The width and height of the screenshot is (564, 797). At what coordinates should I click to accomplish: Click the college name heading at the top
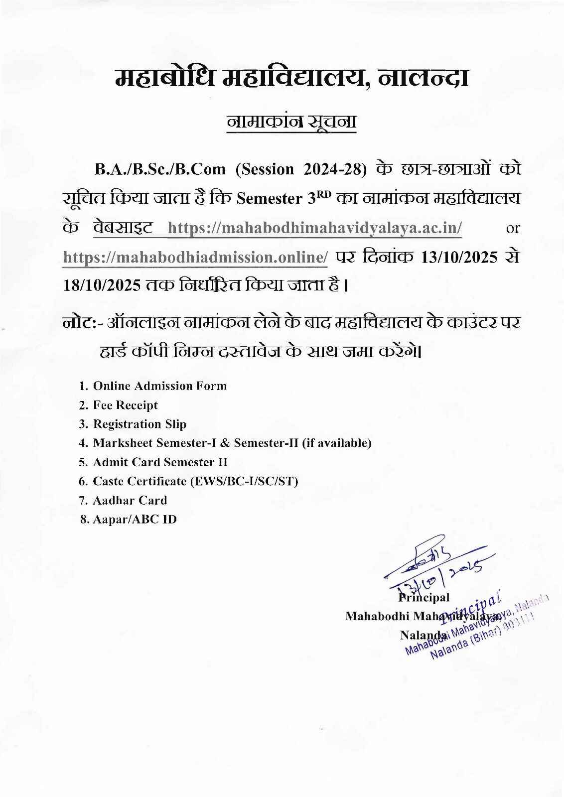click(291, 79)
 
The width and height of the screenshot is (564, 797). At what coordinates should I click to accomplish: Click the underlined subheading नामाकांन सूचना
click(291, 122)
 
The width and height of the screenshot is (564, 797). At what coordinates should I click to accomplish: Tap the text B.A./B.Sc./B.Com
click(160, 169)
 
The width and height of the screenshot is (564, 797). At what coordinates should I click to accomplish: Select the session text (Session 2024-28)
click(301, 169)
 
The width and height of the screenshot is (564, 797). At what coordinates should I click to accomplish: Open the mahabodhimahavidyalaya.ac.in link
click(315, 228)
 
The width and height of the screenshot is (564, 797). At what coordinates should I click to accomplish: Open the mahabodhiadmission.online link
click(195, 257)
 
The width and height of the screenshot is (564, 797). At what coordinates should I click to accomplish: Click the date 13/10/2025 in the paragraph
click(459, 257)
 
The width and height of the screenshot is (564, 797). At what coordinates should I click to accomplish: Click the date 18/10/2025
click(102, 285)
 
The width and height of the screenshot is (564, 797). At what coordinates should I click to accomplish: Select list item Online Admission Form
click(159, 386)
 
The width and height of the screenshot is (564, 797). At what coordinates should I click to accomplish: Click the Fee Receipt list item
click(125, 405)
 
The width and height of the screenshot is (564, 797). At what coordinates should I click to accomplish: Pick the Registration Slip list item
click(140, 424)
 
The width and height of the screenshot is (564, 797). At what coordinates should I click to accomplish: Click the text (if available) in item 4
click(337, 443)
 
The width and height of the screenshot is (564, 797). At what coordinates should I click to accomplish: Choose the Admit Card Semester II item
click(160, 462)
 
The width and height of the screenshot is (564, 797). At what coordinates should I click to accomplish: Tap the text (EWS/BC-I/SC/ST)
click(244, 481)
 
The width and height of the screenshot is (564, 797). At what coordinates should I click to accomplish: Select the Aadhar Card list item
click(130, 500)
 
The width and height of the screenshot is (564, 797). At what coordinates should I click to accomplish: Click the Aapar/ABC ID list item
click(135, 520)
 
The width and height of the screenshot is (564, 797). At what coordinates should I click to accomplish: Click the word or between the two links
click(513, 228)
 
